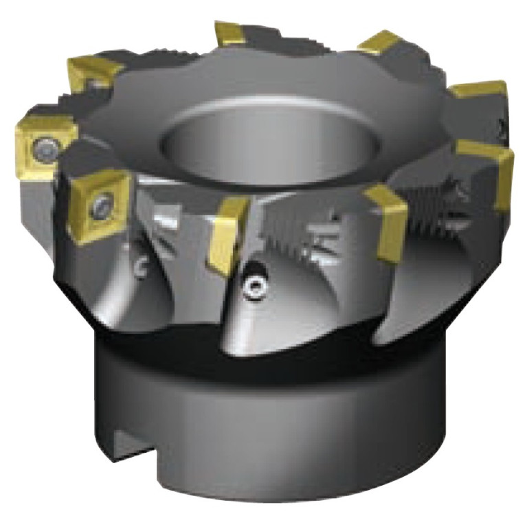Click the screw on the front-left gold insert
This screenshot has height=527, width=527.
tap(103, 203)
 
